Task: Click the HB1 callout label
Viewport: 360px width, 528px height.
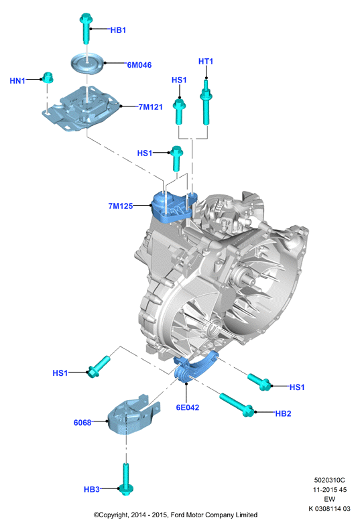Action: pyautogui.click(x=118, y=30)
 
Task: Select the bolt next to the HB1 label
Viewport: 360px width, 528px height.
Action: pyautogui.click(x=86, y=28)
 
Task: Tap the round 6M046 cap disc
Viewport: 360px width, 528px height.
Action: pyautogui.click(x=86, y=62)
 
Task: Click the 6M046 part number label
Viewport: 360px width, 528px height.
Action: pyautogui.click(x=139, y=65)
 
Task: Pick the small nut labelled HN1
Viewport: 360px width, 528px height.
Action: pyautogui.click(x=48, y=78)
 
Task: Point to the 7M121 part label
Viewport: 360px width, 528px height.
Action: pyautogui.click(x=151, y=107)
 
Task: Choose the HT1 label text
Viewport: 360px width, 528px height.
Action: pyautogui.click(x=206, y=61)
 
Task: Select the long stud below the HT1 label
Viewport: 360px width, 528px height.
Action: pyautogui.click(x=206, y=102)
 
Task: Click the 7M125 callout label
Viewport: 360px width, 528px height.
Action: pyautogui.click(x=120, y=206)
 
